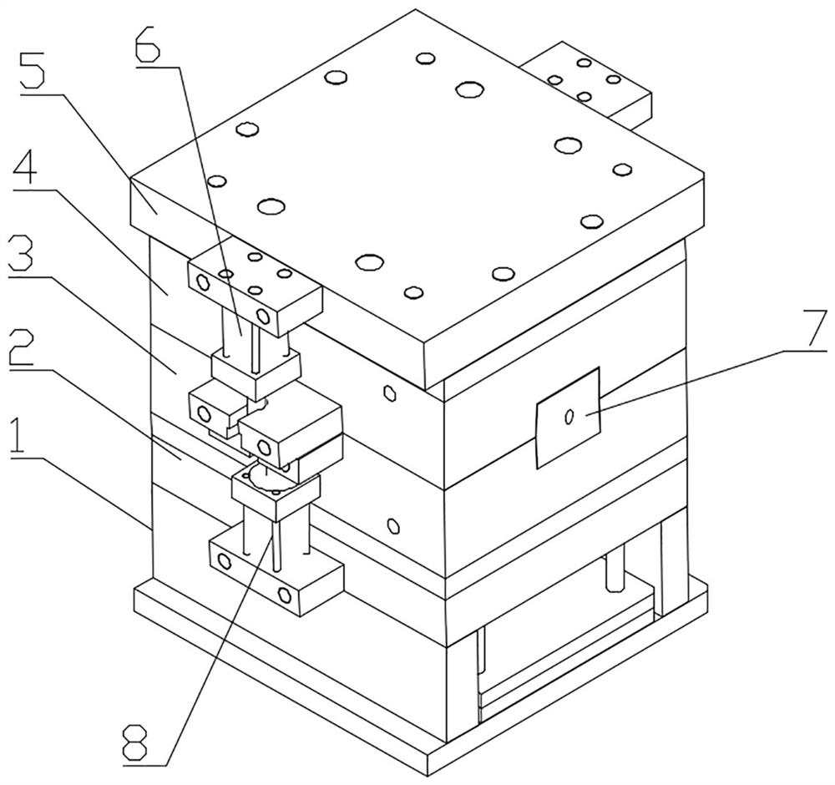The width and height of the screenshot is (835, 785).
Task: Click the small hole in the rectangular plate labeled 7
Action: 569,416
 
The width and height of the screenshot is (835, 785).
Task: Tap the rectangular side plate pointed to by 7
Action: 568,418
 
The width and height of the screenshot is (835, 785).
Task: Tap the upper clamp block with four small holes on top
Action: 255,287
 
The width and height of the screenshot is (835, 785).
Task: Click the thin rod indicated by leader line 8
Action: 276,546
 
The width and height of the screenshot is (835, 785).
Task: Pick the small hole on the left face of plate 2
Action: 393,525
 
